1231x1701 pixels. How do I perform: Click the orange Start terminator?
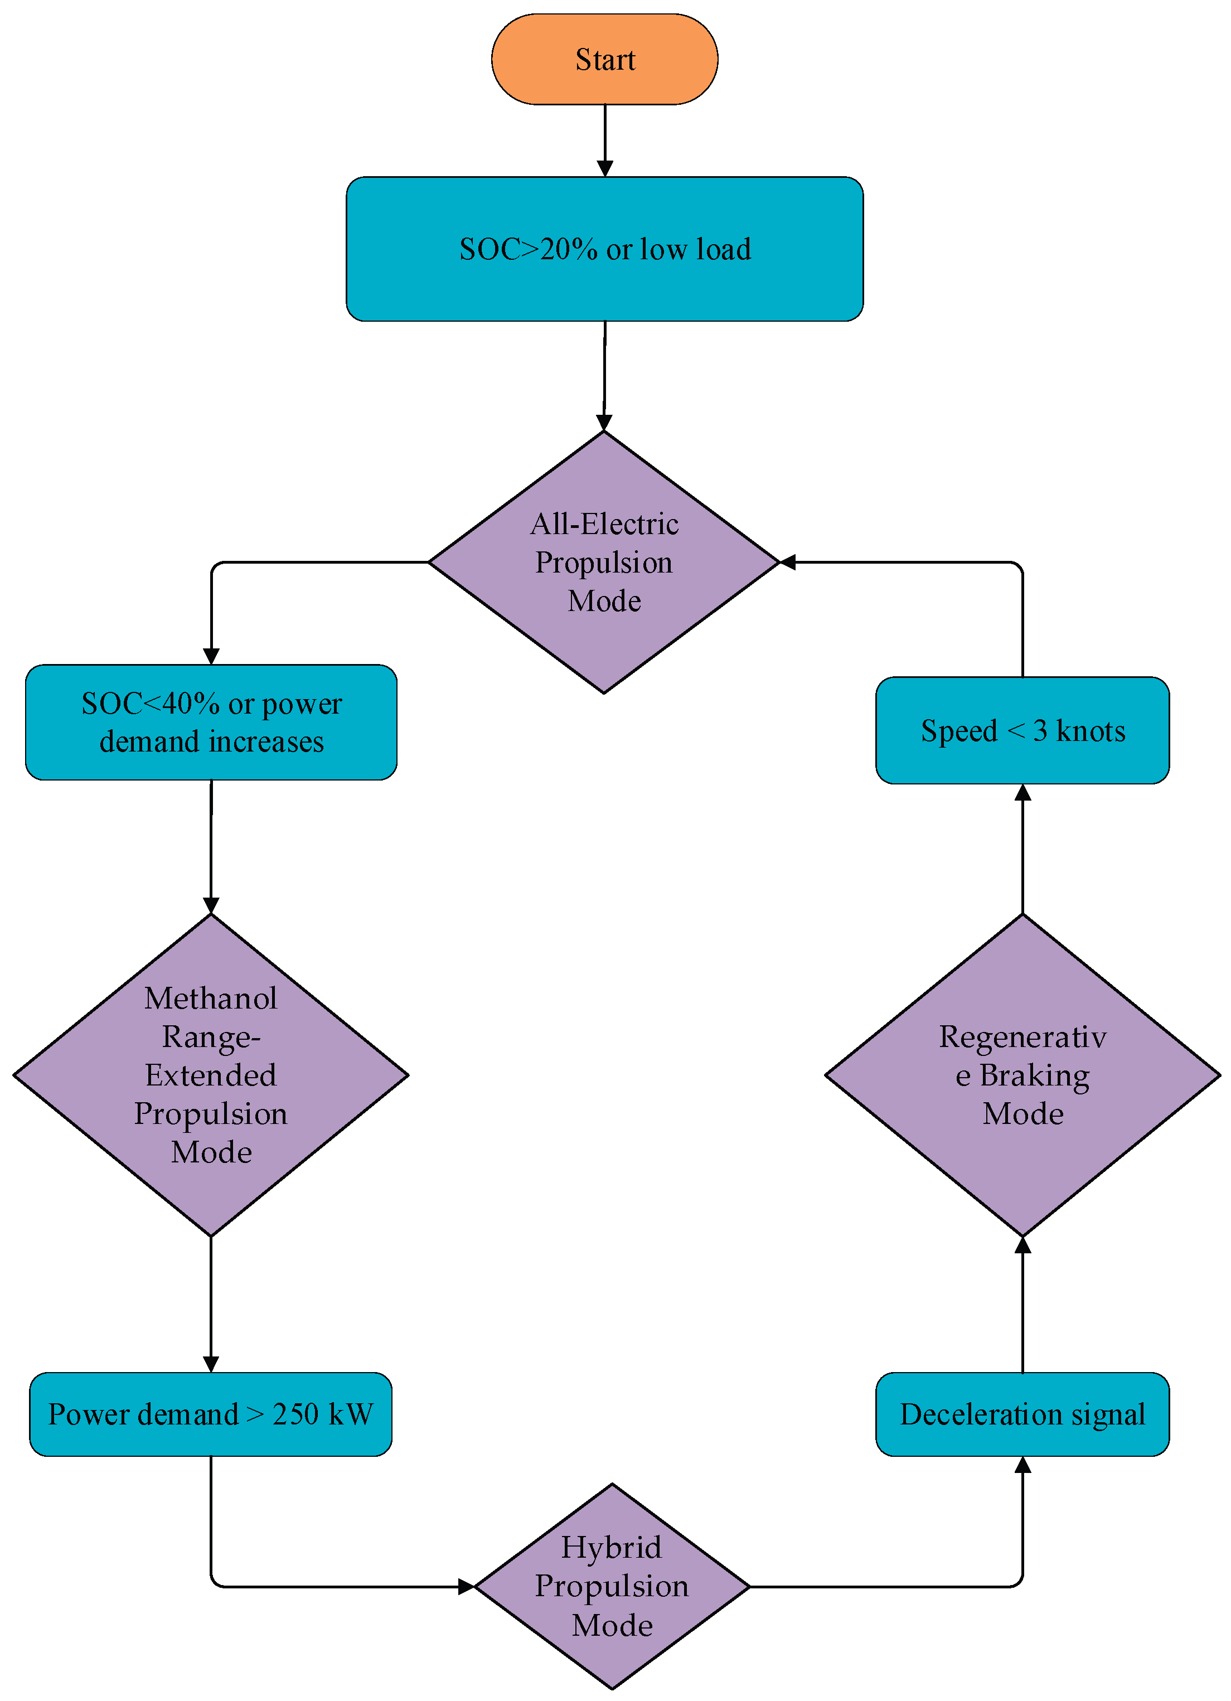coord(604,59)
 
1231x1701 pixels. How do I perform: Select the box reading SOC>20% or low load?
coord(604,249)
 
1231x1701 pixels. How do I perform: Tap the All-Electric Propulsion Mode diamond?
coord(604,562)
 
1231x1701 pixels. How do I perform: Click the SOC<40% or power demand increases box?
coord(211,722)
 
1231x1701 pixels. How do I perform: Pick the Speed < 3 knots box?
coord(1022,730)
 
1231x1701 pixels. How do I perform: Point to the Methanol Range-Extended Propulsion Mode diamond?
coord(211,1075)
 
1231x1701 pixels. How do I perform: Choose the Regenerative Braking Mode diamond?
coord(1022,1075)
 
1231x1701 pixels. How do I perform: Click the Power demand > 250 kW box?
coord(211,1414)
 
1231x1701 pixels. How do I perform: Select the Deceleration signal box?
coord(1022,1414)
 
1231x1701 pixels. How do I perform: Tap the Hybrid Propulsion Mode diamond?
coord(612,1586)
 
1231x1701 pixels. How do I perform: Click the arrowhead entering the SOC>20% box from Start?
coord(604,168)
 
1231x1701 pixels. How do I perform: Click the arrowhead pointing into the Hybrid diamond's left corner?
coord(466,1586)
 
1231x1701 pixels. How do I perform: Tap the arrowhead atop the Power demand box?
coord(211,1364)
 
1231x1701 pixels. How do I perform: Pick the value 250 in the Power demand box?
coord(295,1414)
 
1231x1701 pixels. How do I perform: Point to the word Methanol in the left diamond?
coord(211,999)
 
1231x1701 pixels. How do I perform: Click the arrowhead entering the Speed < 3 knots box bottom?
coord(1022,793)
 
